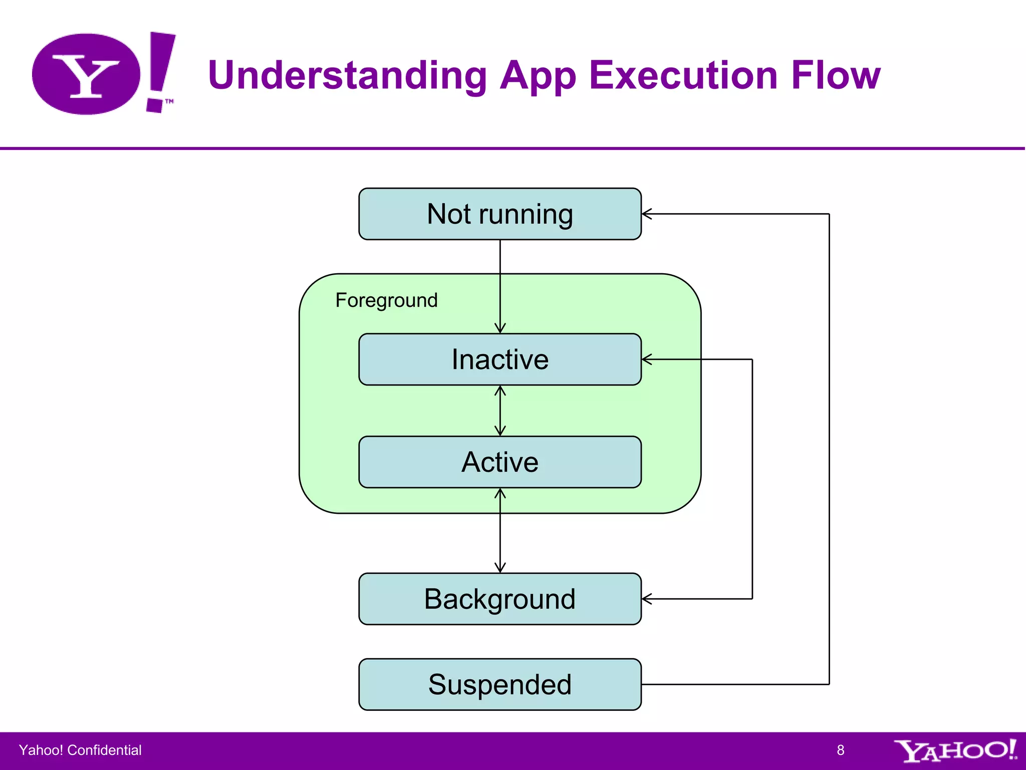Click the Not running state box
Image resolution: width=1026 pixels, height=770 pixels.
click(x=499, y=214)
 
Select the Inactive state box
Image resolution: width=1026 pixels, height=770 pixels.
click(x=499, y=359)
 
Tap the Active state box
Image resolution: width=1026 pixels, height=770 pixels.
click(x=499, y=462)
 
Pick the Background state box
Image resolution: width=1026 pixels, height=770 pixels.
click(x=499, y=599)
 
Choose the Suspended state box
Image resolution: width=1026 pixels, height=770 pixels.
click(x=499, y=684)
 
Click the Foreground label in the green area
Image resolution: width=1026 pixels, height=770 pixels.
click(x=386, y=300)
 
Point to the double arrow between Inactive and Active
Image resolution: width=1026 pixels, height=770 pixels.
click(x=500, y=411)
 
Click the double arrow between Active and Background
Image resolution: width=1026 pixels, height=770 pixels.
click(x=500, y=530)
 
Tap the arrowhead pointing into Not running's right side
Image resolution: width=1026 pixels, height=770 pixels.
click(x=647, y=214)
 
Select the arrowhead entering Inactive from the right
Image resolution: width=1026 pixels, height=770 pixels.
click(x=647, y=359)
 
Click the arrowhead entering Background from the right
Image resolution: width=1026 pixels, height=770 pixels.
click(x=647, y=599)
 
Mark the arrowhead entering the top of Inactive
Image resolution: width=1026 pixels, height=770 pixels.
click(x=500, y=328)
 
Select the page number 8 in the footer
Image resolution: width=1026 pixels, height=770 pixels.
click(x=840, y=750)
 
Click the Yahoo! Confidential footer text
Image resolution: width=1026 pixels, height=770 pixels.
click(x=80, y=750)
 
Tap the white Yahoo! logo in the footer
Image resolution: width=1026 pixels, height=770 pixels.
click(x=954, y=750)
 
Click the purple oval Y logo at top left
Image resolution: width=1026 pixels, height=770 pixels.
click(x=86, y=74)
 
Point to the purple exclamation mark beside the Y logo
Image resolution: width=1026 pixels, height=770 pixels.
click(x=160, y=70)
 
